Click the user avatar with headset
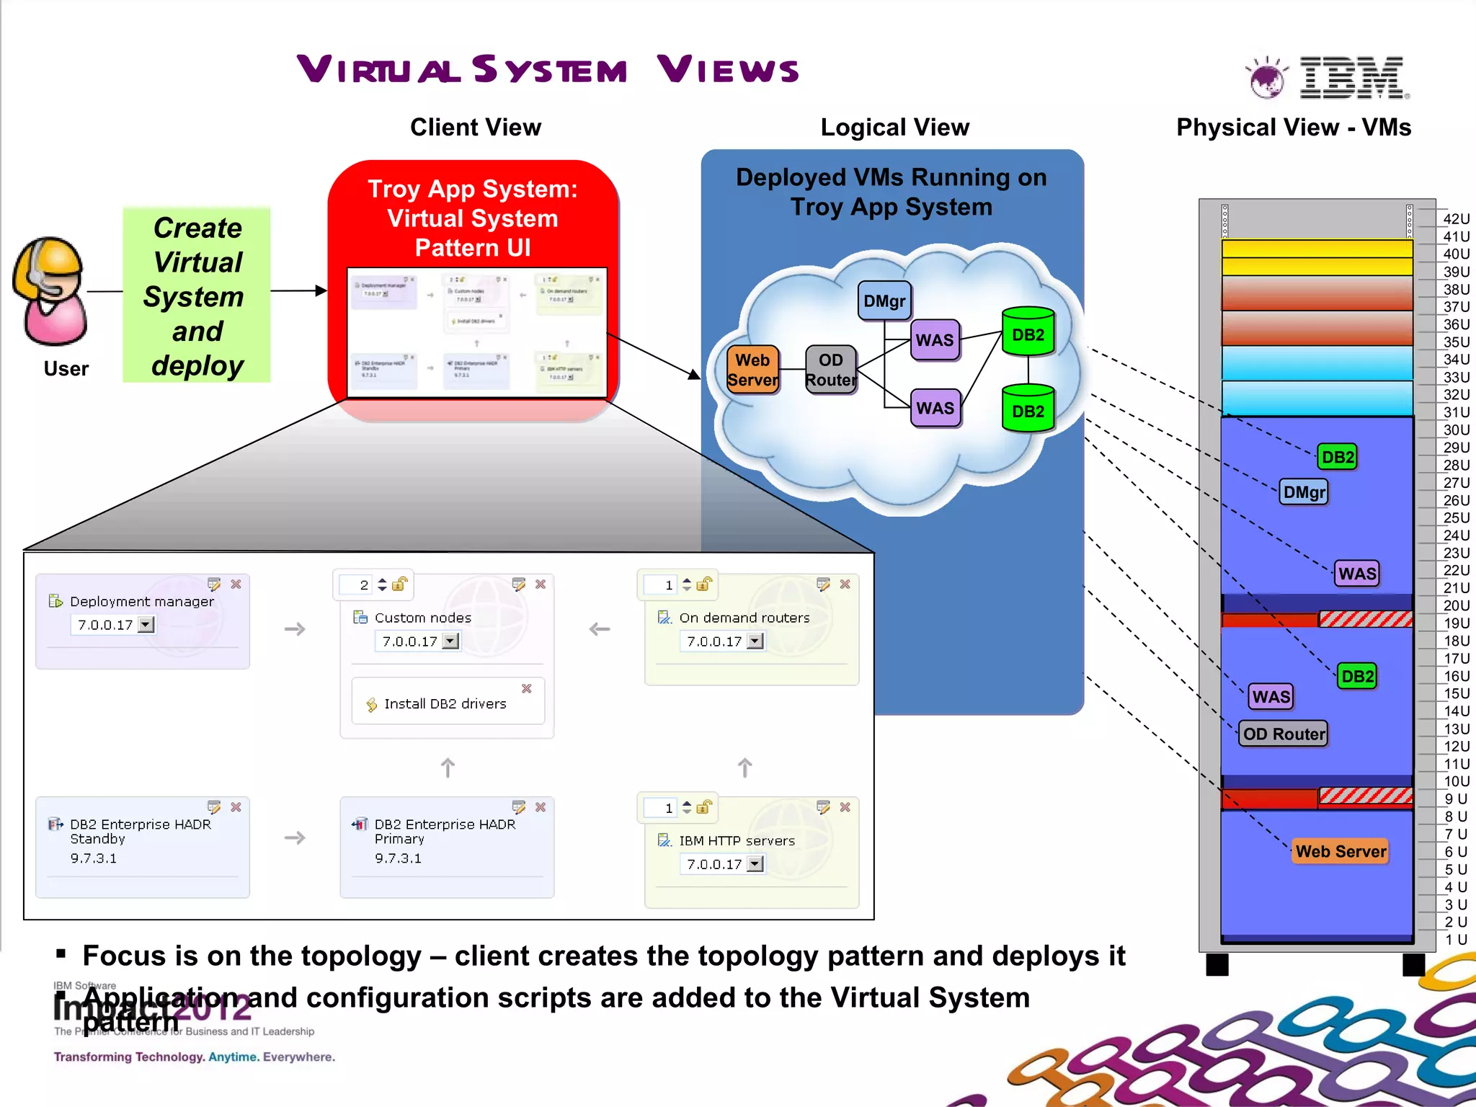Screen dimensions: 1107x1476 coord(50,291)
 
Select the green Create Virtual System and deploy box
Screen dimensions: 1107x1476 coord(197,295)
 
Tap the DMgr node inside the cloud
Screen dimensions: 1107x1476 coord(884,301)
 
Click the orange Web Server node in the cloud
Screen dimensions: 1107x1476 coord(752,370)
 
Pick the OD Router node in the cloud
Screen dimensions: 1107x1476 coord(830,370)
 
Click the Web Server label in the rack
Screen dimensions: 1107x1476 coord(1341,851)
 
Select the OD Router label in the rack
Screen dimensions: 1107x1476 coord(1284,734)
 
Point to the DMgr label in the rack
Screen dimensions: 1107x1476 coord(1304,492)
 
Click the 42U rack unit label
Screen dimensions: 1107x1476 coord(1456,219)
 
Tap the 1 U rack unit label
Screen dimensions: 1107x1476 coord(1456,939)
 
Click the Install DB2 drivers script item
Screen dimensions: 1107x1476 coord(445,703)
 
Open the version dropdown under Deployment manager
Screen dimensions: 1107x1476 coord(146,625)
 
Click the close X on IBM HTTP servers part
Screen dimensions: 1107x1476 coord(845,807)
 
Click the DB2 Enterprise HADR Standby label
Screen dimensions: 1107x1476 coord(141,831)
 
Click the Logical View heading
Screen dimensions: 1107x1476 coord(894,128)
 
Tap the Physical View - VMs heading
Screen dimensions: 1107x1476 coord(1293,128)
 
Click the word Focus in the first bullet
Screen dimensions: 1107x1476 coord(124,956)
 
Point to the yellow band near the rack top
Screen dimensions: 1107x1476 coord(1316,257)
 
